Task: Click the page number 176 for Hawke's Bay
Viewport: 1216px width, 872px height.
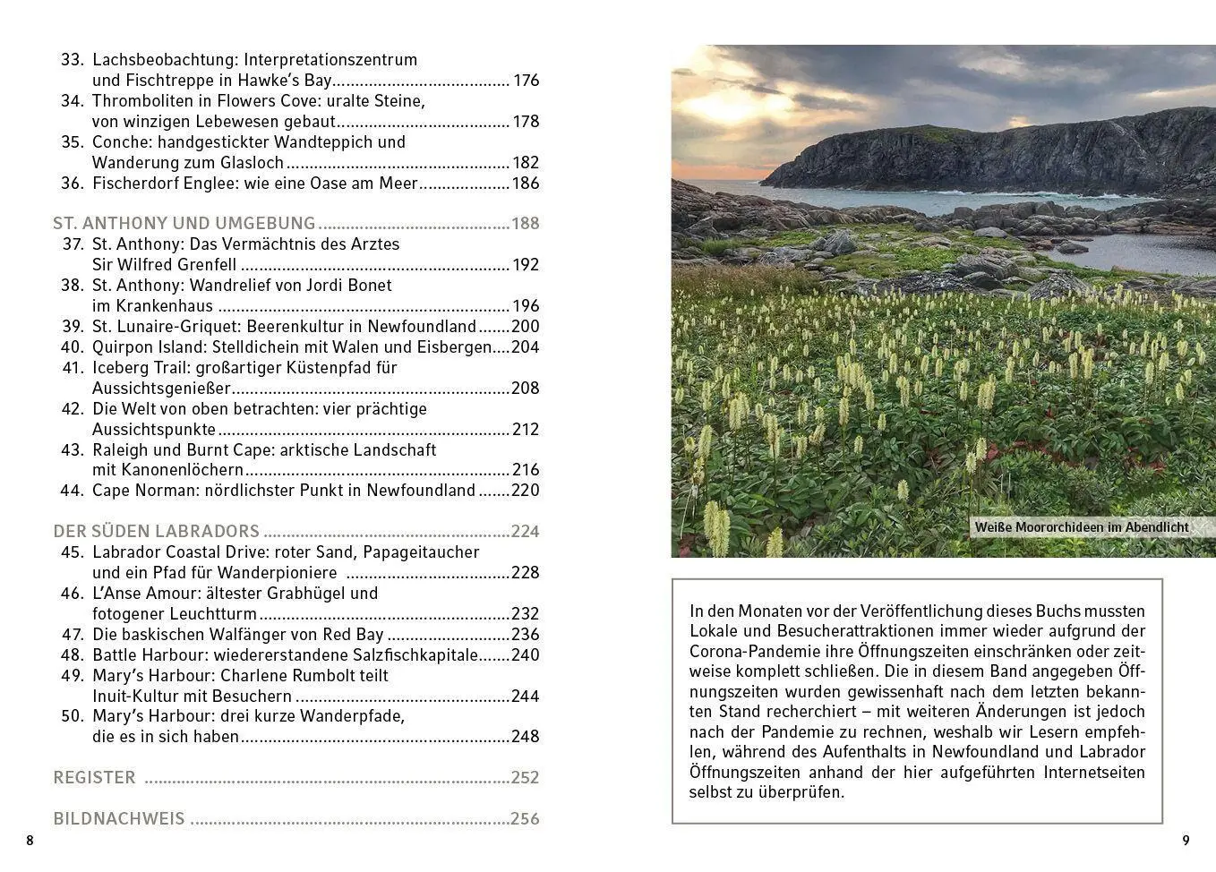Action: (x=526, y=81)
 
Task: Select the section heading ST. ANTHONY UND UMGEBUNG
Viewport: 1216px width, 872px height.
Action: (x=184, y=224)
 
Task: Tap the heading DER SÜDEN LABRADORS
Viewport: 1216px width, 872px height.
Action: (x=156, y=532)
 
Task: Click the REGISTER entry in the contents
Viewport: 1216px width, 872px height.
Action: (x=94, y=778)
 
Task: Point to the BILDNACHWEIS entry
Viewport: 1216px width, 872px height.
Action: (x=119, y=819)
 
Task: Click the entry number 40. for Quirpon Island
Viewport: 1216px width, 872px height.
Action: (x=73, y=347)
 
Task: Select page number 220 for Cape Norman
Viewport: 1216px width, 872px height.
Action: (x=525, y=491)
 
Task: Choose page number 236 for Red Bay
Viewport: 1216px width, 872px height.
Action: (x=525, y=635)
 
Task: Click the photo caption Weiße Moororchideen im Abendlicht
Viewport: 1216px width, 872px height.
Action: (x=1081, y=527)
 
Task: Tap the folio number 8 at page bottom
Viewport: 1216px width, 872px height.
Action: (x=30, y=841)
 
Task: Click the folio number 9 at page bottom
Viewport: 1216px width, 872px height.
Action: (x=1186, y=841)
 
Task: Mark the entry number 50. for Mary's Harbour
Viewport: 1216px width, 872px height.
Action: (x=73, y=717)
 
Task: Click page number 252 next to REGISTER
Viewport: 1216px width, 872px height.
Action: (x=525, y=778)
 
